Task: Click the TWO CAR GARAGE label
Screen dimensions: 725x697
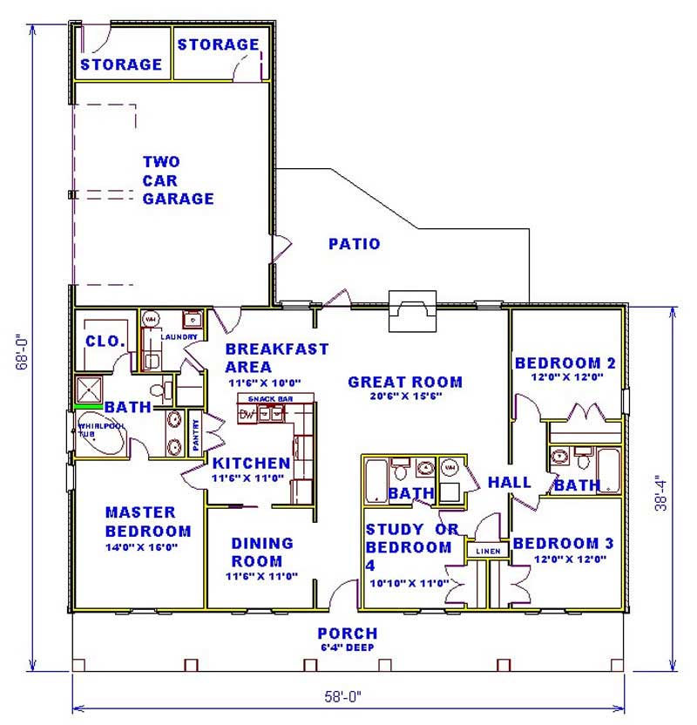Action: [178, 180]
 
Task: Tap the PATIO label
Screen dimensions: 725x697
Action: [354, 244]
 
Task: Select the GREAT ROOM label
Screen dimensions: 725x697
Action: [405, 382]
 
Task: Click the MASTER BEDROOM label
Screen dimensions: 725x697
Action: [147, 521]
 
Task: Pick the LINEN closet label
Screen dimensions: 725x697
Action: [487, 551]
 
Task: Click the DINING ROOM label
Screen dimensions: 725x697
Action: [262, 552]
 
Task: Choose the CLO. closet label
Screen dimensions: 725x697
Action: [105, 341]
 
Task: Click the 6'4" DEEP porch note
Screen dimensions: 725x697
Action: [347, 648]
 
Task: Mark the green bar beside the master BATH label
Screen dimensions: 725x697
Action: [88, 406]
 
